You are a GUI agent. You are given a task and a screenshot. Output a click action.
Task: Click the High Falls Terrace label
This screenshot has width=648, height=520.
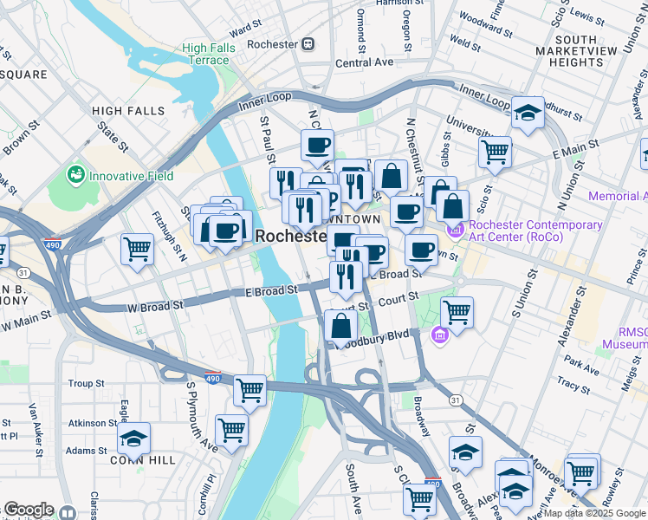point(206,54)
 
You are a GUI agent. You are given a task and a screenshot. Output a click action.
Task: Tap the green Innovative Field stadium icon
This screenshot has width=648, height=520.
point(76,176)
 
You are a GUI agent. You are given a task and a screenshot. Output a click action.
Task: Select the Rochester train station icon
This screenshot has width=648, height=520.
point(307,43)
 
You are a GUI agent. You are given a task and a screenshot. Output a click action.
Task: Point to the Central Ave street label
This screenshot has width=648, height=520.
point(364,63)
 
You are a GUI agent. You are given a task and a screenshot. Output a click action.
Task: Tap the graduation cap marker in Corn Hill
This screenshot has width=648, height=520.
point(133,438)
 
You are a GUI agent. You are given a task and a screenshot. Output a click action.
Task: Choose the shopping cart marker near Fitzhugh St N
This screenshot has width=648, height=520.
point(137,250)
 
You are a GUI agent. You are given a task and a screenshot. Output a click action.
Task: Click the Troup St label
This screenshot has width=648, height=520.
point(86,383)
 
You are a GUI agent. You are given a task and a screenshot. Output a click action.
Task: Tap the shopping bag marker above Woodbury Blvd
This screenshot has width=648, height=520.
point(341,326)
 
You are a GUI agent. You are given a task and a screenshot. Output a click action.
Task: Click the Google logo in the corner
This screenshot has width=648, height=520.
point(29,510)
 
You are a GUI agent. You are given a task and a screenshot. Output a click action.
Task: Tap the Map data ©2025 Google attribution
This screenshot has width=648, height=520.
point(594,513)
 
